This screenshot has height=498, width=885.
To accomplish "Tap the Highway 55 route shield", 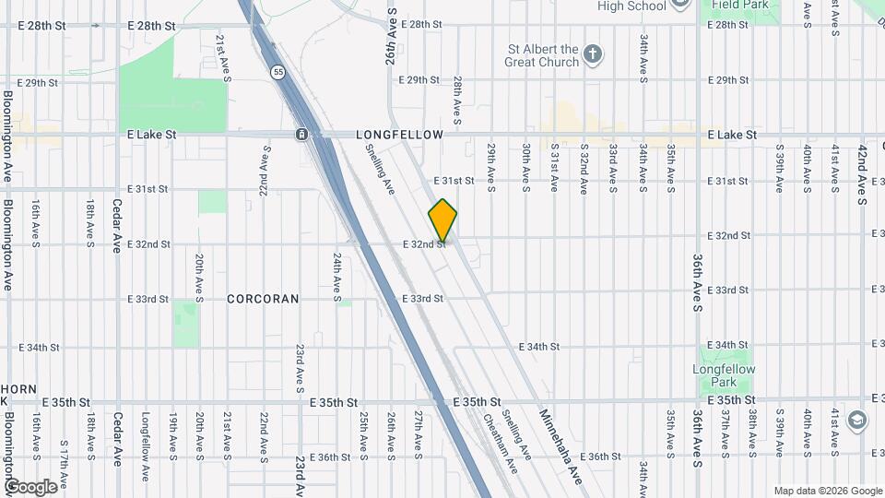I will [x=277, y=71].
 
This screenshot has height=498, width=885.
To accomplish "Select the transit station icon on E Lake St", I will [x=301, y=136].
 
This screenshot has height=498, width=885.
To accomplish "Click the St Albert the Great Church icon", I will [x=595, y=55].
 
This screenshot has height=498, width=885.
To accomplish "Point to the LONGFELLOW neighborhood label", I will [x=399, y=135].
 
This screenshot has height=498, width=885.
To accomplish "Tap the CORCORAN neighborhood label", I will [x=263, y=299].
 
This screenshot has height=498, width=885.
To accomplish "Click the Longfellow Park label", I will [x=724, y=375].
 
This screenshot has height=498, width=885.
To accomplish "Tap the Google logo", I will [x=30, y=486].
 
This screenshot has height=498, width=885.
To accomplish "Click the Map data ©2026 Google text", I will [x=827, y=491].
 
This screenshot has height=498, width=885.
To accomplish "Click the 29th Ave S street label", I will [x=492, y=167].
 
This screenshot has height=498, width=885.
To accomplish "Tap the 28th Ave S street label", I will [x=456, y=100].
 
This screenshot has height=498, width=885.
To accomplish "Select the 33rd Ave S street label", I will [x=612, y=167].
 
